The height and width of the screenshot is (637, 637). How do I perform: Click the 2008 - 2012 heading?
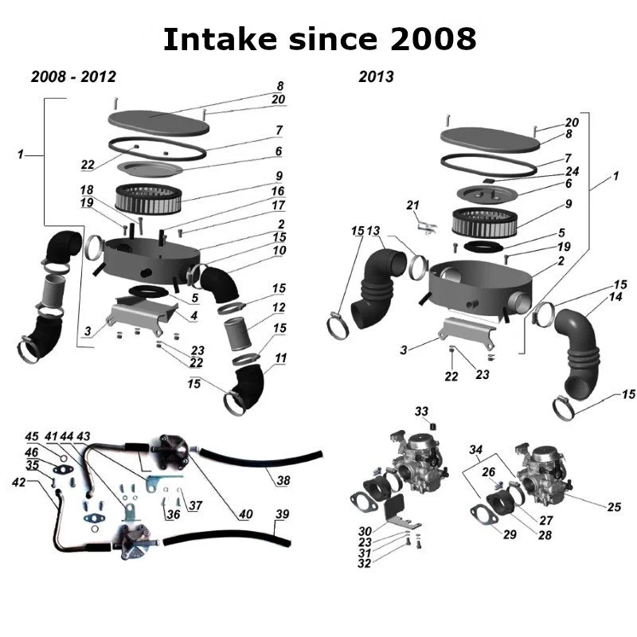click(73, 77)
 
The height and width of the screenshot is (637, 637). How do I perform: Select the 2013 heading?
click(376, 77)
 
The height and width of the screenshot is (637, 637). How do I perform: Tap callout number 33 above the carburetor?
click(421, 411)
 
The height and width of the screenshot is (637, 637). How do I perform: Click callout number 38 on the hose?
click(283, 480)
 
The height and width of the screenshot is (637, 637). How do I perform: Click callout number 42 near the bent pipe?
click(19, 483)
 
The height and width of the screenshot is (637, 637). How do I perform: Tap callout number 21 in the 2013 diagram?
click(412, 205)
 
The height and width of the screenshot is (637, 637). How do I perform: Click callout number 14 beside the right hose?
click(616, 296)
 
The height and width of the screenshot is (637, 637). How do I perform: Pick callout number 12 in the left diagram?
click(279, 307)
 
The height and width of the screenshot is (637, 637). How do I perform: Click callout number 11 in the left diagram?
click(279, 358)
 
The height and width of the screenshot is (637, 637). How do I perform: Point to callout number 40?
click(246, 514)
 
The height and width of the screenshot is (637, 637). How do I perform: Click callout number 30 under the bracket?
click(365, 531)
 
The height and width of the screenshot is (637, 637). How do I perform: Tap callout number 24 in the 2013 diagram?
click(572, 171)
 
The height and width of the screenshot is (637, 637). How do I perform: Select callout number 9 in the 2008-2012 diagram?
click(279, 176)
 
